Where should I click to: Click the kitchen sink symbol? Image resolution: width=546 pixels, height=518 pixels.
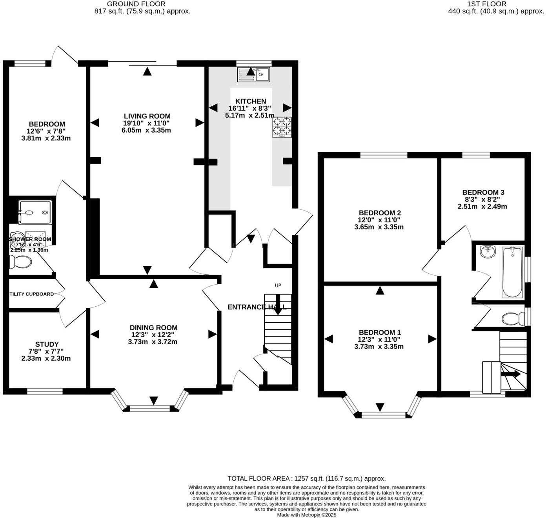click(253, 74)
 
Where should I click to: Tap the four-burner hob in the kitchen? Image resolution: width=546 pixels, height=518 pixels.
click(282, 127)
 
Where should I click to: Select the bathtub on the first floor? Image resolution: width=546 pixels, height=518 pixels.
click(512, 272)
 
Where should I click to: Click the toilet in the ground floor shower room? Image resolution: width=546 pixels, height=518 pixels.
click(20, 262)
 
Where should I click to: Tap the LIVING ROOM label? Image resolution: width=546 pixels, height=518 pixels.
click(147, 116)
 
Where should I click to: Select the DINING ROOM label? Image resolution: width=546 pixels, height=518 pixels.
click(153, 328)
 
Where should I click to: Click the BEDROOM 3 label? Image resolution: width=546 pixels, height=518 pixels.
click(483, 193)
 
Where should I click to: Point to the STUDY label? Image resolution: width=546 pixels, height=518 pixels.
click(47, 344)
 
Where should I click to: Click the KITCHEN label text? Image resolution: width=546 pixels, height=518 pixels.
click(250, 101)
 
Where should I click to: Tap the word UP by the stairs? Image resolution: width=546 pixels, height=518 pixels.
click(278, 285)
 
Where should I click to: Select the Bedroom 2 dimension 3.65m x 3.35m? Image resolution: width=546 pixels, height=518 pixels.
click(379, 227)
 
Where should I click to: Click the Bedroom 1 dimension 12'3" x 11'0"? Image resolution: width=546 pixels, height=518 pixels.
click(379, 340)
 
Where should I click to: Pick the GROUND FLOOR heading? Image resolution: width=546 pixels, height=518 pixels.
click(136, 4)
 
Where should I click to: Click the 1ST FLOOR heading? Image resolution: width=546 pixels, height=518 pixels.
click(486, 4)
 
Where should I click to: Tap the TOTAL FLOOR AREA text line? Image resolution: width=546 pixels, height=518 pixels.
click(306, 478)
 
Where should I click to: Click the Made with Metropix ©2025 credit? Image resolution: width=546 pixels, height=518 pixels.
click(306, 515)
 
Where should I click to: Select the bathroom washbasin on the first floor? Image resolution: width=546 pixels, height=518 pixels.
click(488, 251)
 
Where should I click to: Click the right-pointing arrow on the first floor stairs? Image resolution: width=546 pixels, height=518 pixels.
click(511, 374)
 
